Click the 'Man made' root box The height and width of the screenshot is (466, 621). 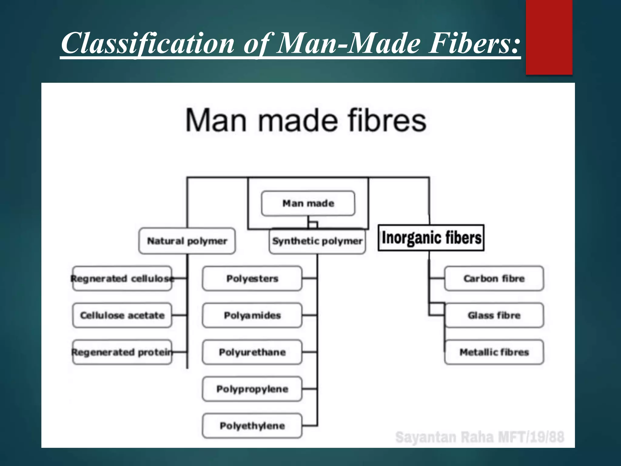point(308,203)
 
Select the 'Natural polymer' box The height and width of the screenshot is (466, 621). point(187,241)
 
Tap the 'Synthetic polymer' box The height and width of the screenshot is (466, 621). point(317,241)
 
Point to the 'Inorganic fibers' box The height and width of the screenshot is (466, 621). point(431,238)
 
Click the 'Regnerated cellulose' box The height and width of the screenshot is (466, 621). point(122,279)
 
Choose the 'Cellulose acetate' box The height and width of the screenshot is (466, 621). point(122,315)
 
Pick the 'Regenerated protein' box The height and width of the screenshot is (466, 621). point(122,352)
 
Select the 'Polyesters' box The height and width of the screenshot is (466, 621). point(252,279)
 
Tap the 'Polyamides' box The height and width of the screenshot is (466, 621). point(252,315)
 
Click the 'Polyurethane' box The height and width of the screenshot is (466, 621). point(252,352)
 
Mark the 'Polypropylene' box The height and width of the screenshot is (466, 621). point(252,389)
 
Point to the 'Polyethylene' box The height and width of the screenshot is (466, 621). point(252,426)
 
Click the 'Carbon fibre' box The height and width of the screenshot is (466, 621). point(494,279)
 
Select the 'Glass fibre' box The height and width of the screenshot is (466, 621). point(494,315)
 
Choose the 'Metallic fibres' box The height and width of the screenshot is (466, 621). point(494,352)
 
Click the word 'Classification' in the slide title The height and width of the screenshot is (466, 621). point(148,43)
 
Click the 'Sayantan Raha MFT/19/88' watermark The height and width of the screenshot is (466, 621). point(480,437)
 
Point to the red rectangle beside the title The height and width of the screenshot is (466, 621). point(549,37)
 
